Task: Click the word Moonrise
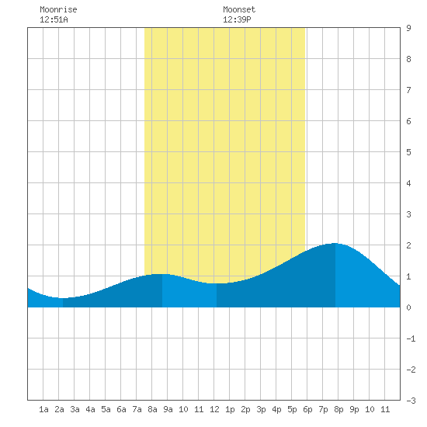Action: [x=58, y=9]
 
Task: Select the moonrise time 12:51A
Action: [x=54, y=19]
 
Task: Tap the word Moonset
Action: [x=239, y=9]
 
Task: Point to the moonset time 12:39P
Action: [x=237, y=19]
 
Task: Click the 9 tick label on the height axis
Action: [x=408, y=28]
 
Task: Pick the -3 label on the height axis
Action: [x=411, y=401]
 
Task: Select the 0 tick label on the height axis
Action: [x=408, y=307]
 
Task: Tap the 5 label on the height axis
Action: [x=408, y=152]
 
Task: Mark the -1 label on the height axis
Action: [x=411, y=338]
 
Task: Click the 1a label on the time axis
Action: [x=43, y=409]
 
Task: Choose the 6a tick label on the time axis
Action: [x=121, y=409]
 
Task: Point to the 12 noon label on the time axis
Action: [x=214, y=409]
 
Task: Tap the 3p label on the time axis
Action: [x=261, y=409]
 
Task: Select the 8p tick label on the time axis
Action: [x=338, y=409]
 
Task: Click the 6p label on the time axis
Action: [x=307, y=409]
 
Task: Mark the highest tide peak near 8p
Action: [x=335, y=243]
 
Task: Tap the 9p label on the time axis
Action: [x=354, y=409]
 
